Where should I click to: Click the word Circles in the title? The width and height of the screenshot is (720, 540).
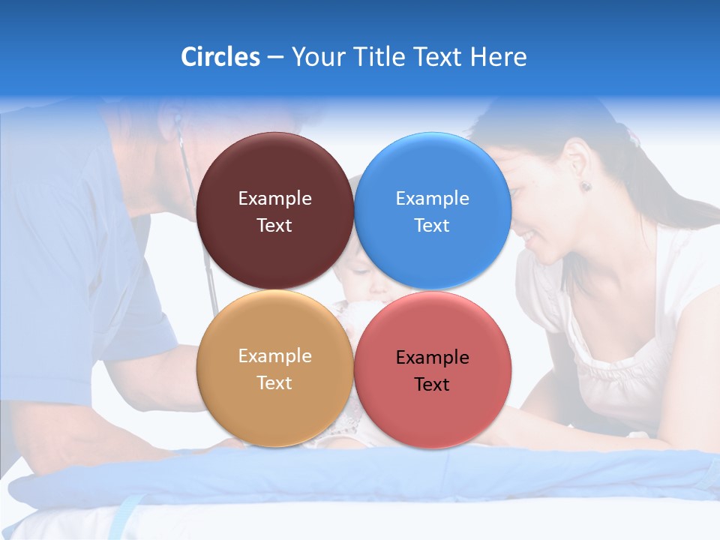click(x=220, y=57)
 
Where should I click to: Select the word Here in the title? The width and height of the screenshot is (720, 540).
click(x=498, y=57)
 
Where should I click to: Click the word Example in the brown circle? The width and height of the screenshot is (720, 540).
click(x=274, y=199)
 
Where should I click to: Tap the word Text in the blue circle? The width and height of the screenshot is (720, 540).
click(x=432, y=226)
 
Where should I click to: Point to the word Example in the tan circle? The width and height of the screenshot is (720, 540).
click(x=274, y=356)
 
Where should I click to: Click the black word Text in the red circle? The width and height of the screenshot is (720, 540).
click(x=432, y=385)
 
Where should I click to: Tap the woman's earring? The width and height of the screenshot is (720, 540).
click(x=585, y=185)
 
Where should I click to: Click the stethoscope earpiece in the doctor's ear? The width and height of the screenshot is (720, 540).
click(x=177, y=119)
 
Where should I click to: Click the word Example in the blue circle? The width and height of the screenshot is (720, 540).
click(x=432, y=199)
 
